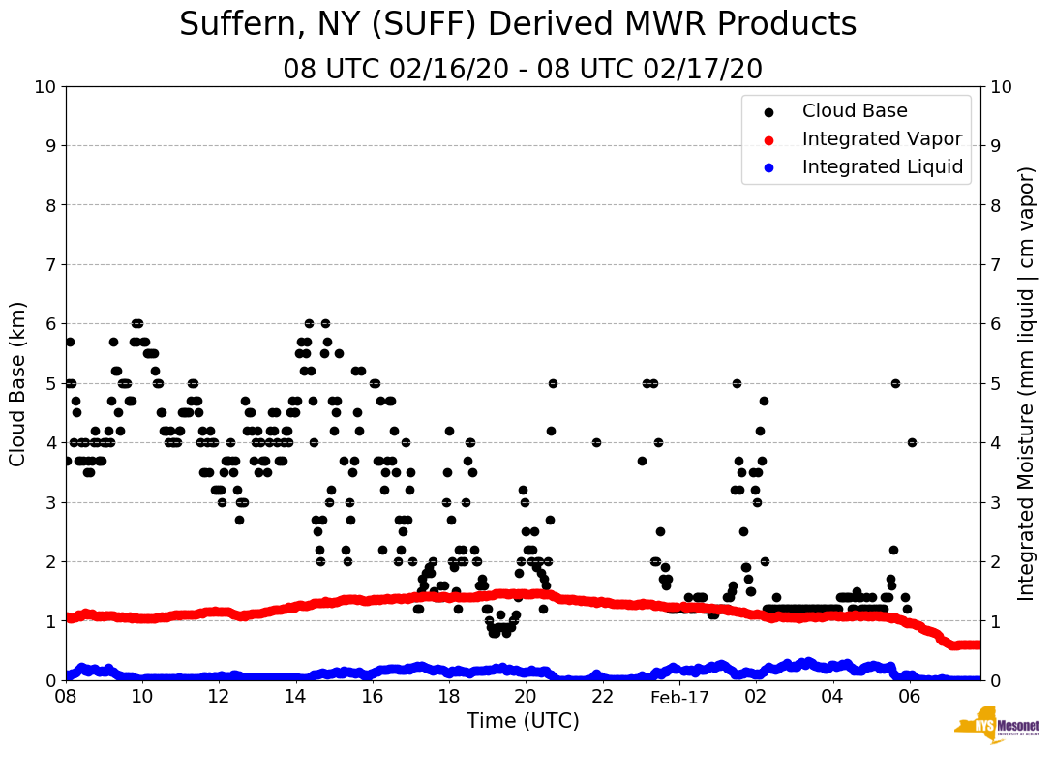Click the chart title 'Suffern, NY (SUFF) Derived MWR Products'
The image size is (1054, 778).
[518, 24]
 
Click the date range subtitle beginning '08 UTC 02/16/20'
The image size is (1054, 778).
[523, 70]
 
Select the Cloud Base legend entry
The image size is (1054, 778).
[855, 111]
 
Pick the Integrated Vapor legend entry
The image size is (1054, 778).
[882, 139]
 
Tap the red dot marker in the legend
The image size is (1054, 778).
[768, 139]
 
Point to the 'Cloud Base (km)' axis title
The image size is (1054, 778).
[18, 383]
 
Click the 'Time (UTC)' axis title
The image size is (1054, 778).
[523, 721]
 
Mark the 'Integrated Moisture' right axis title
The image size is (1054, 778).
[1027, 383]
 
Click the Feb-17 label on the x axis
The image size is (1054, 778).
[679, 698]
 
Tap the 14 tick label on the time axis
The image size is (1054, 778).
[295, 697]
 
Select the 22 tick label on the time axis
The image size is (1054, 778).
[602, 697]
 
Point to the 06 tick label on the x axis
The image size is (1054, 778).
[909, 697]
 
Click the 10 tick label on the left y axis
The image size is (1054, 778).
[45, 87]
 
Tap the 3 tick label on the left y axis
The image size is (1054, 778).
[49, 502]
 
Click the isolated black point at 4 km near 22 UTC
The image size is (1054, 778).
[596, 442]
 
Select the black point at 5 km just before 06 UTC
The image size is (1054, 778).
[895, 383]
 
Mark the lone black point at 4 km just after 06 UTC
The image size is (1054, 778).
[912, 442]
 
